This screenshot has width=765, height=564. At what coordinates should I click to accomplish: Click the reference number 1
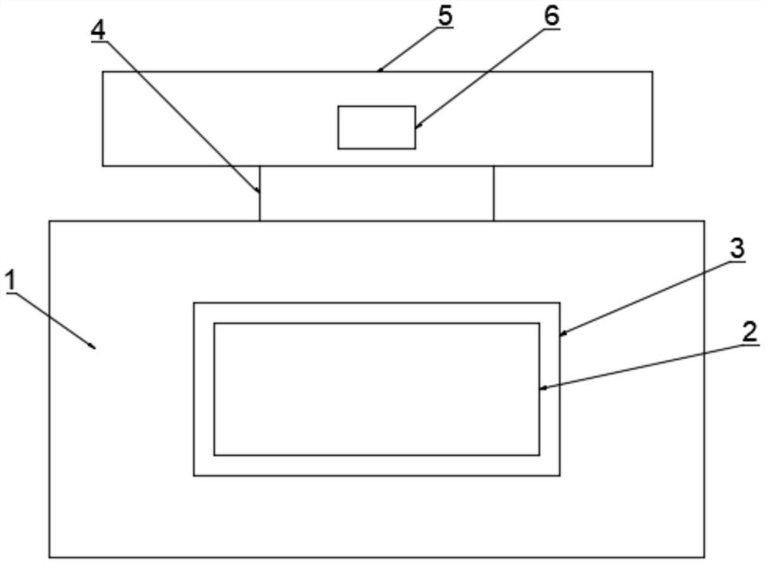tap(10, 281)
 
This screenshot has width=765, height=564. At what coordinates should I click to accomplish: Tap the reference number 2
tap(750, 332)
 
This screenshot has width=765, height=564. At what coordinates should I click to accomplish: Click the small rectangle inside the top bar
tap(376, 127)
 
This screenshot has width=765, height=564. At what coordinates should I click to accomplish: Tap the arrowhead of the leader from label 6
tap(416, 126)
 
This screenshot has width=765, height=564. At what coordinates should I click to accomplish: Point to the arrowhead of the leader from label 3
tap(561, 334)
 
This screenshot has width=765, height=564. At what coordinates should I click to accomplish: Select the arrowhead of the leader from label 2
tap(541, 389)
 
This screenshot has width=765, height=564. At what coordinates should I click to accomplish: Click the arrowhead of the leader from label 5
tap(379, 71)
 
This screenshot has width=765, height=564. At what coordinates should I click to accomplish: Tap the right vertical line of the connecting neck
tap(493, 193)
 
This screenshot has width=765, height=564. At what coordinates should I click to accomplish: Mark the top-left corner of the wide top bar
tap(103, 72)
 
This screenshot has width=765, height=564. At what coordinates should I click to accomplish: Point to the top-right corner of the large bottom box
tap(704, 221)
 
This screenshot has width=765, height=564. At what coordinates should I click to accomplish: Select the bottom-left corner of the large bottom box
tap(50, 556)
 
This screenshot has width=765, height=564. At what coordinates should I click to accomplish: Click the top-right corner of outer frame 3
tap(560, 303)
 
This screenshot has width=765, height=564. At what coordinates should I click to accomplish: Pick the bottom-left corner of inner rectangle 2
tap(214, 455)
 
